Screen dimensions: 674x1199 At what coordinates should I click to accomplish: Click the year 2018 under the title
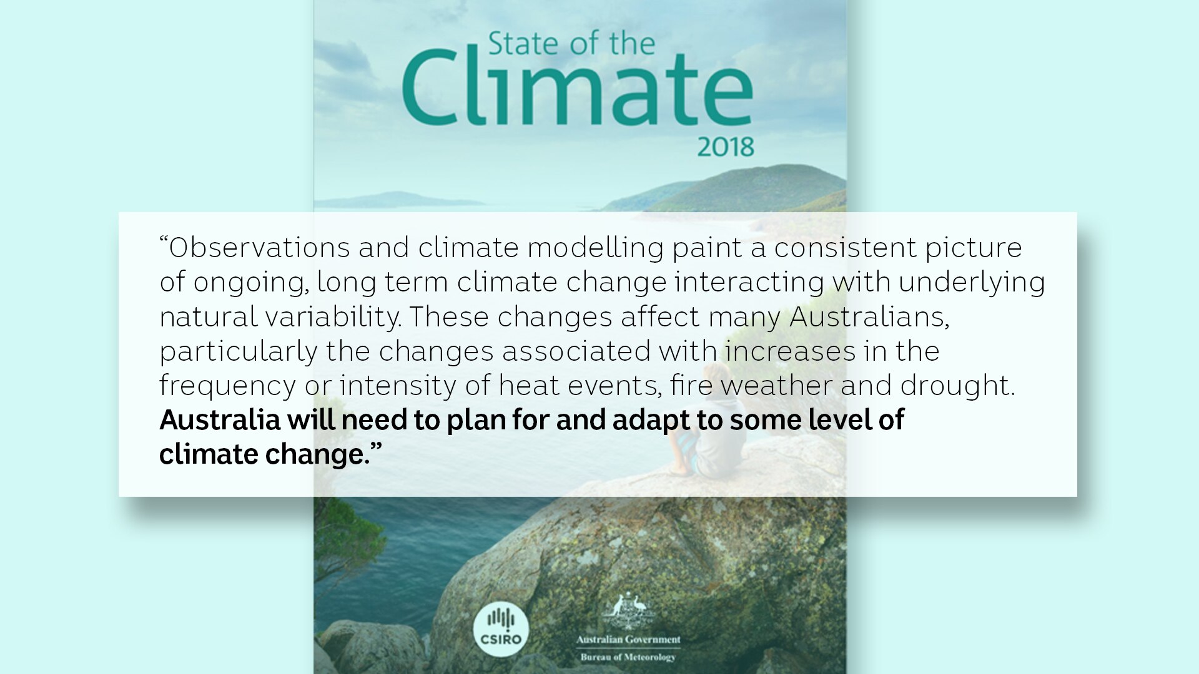726,147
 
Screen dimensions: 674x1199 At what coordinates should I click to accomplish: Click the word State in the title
523,44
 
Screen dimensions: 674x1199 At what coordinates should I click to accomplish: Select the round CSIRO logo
501,628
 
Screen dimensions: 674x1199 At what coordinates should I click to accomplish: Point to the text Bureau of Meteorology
628,657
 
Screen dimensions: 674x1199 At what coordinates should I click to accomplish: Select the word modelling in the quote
595,248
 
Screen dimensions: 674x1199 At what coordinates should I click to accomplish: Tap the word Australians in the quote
869,317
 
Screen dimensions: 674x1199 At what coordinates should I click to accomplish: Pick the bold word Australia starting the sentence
220,420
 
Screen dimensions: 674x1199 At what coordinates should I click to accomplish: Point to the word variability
333,317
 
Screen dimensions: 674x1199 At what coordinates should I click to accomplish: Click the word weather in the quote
776,386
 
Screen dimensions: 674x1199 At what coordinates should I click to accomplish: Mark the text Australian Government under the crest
628,640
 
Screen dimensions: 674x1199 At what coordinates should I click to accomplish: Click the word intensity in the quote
398,386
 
